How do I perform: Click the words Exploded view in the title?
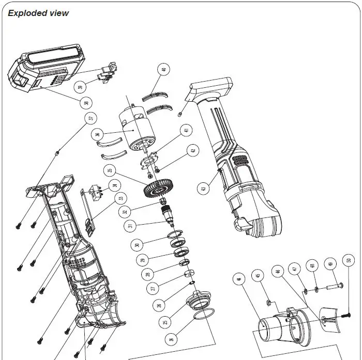pos(38,13)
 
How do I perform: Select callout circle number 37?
pos(91,118)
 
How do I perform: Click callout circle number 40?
pos(164,69)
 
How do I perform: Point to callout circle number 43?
pos(204,189)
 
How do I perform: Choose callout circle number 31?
pos(131,225)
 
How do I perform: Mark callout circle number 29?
pos(144,260)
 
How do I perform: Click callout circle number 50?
pos(349,261)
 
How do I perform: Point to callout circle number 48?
pos(312,266)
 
